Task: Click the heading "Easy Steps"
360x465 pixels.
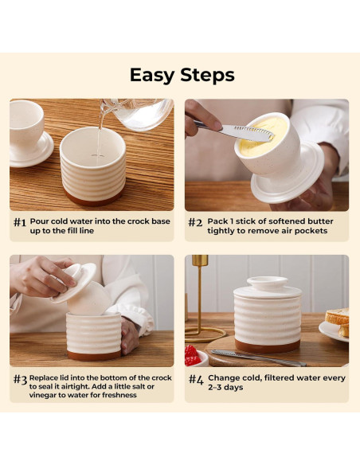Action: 182,75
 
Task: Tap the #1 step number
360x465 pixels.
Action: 20,222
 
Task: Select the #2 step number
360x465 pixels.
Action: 195,222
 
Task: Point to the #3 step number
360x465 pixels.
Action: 20,379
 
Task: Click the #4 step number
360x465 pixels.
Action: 196,379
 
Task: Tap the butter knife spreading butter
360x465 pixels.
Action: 234,131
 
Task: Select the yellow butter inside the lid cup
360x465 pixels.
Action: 263,135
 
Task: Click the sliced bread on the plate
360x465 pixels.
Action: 338,321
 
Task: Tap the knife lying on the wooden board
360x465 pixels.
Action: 258,358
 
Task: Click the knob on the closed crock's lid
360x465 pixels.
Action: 268,283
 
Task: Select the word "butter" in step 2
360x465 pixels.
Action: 320,221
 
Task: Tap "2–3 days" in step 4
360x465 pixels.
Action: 225,387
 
